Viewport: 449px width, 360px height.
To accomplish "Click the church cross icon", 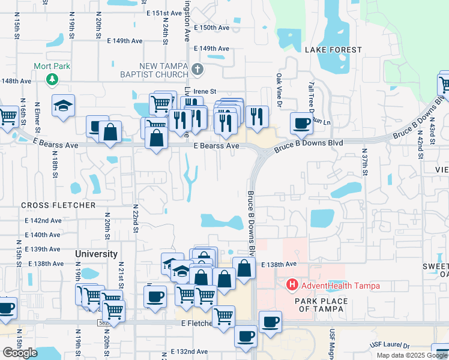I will [198, 70].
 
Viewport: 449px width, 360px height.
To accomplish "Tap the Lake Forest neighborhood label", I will [333, 50].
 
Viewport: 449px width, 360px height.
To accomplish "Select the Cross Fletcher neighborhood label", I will [58, 205].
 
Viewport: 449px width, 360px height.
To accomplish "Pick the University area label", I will [96, 254].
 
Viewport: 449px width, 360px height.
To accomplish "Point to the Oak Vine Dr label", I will [279, 91].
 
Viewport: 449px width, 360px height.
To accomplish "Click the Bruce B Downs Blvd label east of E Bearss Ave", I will [308, 144].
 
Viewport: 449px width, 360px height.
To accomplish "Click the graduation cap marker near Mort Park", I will [63, 106].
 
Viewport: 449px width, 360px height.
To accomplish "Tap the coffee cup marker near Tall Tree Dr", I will [301, 123].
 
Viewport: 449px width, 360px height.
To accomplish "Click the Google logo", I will [20, 353].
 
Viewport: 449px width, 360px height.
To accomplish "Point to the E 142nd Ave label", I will [43, 221].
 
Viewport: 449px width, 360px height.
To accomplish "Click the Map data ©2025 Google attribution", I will [411, 355].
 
